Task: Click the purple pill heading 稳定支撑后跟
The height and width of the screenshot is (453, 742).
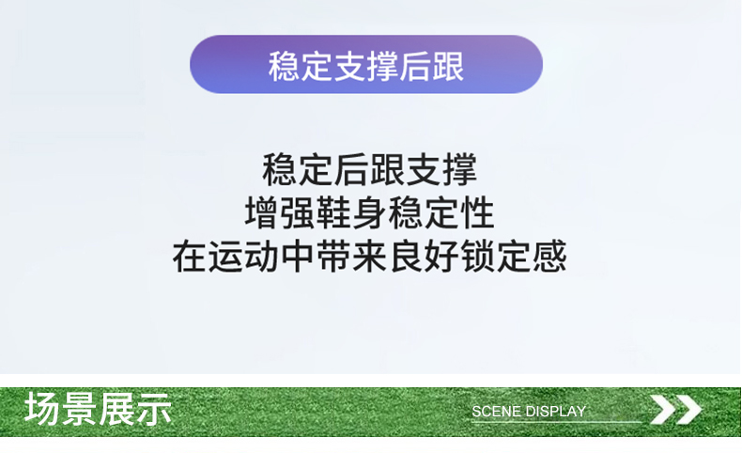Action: [365, 64]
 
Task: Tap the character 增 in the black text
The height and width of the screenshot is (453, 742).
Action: [262, 213]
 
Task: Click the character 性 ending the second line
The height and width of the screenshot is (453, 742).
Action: [478, 213]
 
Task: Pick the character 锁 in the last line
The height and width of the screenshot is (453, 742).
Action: [477, 256]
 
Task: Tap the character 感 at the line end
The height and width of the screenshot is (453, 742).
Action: [549, 256]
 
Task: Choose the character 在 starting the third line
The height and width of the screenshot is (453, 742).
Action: [190, 256]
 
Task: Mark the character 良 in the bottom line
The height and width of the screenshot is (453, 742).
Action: [406, 256]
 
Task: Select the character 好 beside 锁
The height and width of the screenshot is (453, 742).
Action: [441, 256]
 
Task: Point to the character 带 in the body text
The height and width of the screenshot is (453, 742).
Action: [333, 256]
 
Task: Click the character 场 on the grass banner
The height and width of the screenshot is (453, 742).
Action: [42, 409]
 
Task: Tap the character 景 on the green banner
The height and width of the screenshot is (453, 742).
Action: [79, 409]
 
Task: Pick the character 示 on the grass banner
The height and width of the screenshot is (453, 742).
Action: [153, 409]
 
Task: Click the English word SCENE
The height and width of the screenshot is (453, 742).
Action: [496, 412]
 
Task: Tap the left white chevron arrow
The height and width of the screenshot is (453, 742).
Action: [662, 410]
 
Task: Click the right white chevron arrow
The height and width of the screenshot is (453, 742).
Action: [688, 410]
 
